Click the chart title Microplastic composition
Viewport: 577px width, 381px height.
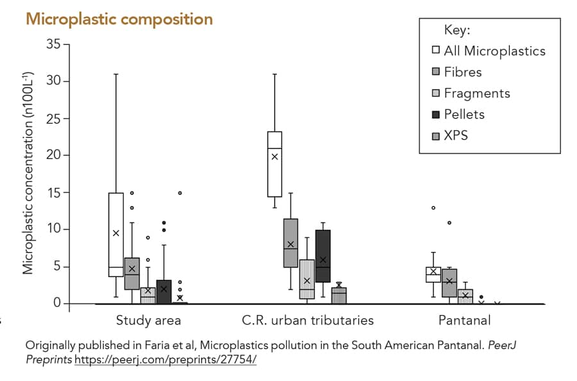tap(119, 19)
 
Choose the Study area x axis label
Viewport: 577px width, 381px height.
tap(148, 319)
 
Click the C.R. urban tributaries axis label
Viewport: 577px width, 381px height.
tap(308, 319)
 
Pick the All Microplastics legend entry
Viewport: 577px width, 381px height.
tap(494, 51)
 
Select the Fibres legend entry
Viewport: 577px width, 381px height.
tap(463, 72)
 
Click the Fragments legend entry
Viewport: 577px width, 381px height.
tap(477, 93)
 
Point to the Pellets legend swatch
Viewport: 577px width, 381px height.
tap(436, 114)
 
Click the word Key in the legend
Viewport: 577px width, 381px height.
tap(457, 30)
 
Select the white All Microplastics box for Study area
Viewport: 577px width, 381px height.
tap(116, 234)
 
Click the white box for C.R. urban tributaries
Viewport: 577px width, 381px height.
tap(275, 164)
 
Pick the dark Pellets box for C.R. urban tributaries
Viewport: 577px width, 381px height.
tap(322, 256)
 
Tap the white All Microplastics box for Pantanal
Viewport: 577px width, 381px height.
tap(433, 275)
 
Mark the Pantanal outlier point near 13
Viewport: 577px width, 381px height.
tap(433, 208)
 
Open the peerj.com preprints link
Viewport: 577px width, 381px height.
tap(165, 359)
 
